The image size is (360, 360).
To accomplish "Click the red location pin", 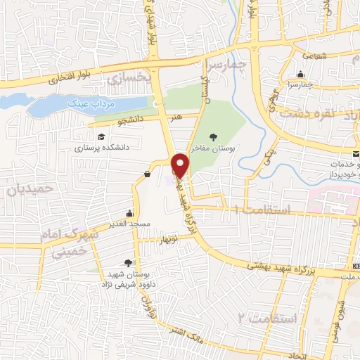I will click(x=181, y=166).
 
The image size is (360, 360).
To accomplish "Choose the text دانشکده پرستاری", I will click(x=102, y=148).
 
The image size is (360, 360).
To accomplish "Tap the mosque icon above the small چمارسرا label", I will click(x=301, y=75).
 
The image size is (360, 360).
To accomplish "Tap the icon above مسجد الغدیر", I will click(x=129, y=212).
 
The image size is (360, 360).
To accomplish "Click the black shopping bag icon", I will click(x=146, y=174).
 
